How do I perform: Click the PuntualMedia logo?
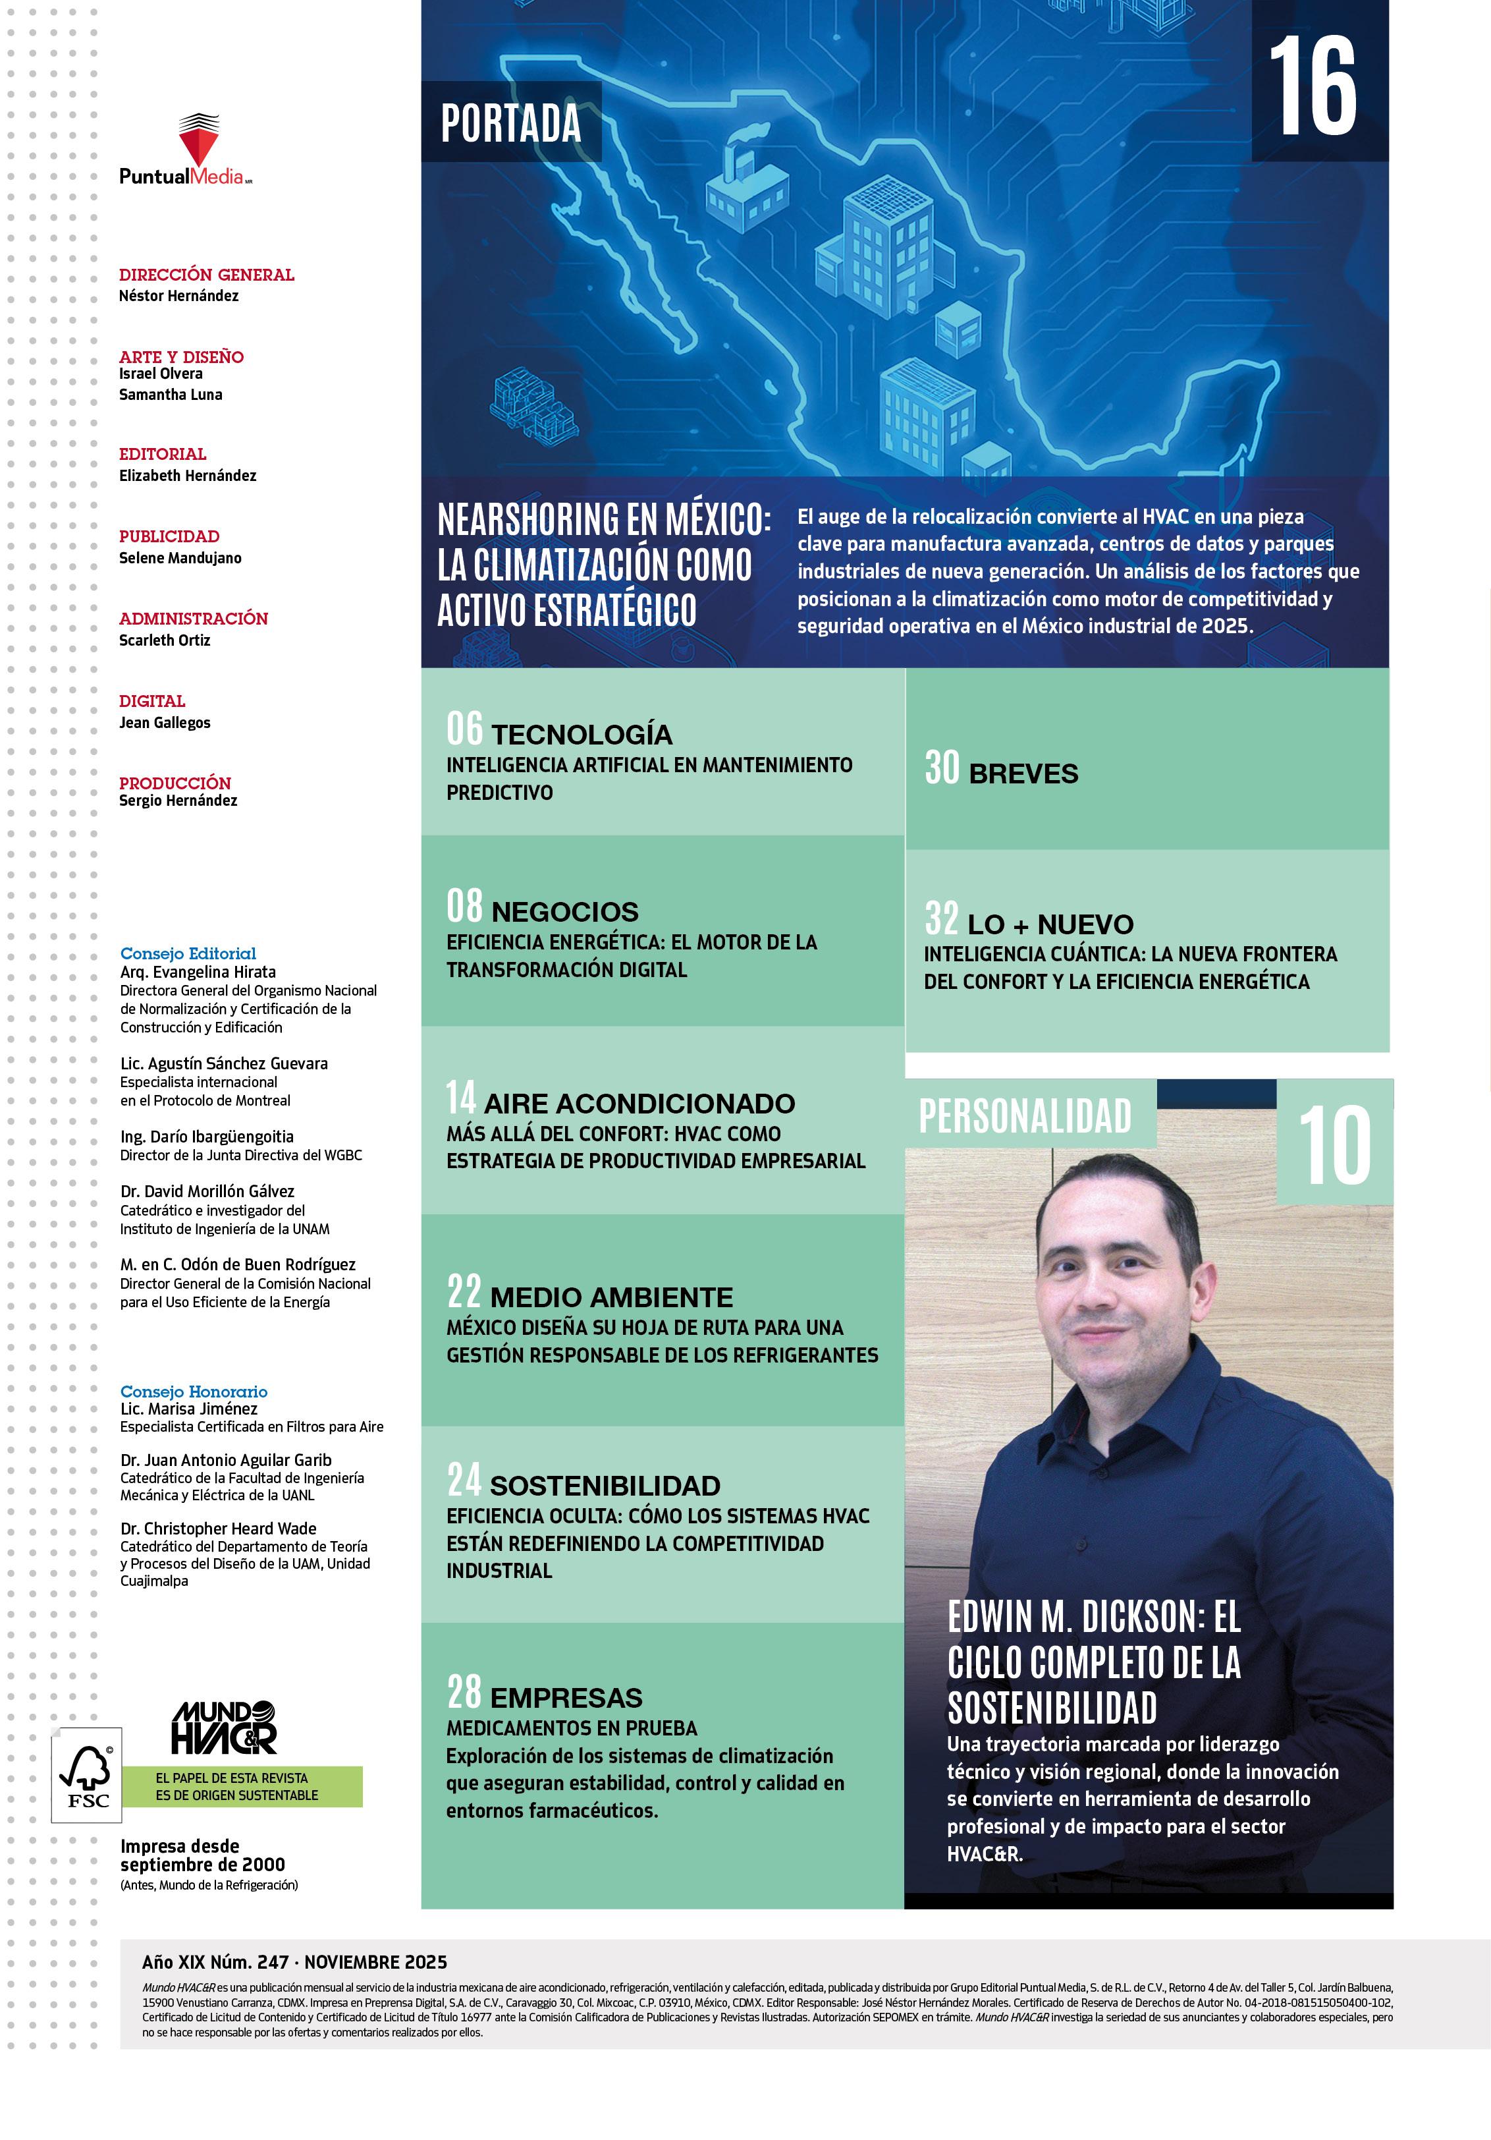point(186,149)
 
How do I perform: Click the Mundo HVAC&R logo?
point(224,1727)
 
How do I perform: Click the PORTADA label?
point(510,123)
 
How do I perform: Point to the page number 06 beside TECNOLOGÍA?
point(464,729)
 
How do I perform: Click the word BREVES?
point(1023,774)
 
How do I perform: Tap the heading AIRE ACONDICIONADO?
point(639,1104)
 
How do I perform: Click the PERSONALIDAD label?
point(1025,1115)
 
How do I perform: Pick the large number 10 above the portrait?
point(1334,1146)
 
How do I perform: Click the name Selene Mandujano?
point(180,558)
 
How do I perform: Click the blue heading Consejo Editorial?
point(188,953)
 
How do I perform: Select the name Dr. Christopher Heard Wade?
point(218,1529)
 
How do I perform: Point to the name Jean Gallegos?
point(164,722)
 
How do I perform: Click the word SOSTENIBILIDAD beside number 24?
point(605,1486)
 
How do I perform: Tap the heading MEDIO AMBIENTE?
point(611,1297)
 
